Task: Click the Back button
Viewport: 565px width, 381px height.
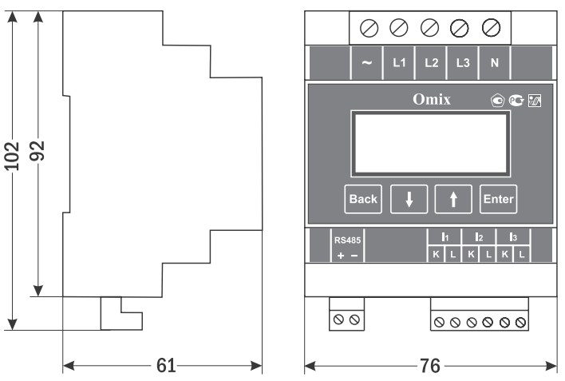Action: [x=363, y=200]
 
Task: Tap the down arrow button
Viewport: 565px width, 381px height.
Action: [x=409, y=200]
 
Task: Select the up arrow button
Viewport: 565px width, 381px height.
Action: [x=454, y=200]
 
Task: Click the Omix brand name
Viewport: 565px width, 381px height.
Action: [x=431, y=101]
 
